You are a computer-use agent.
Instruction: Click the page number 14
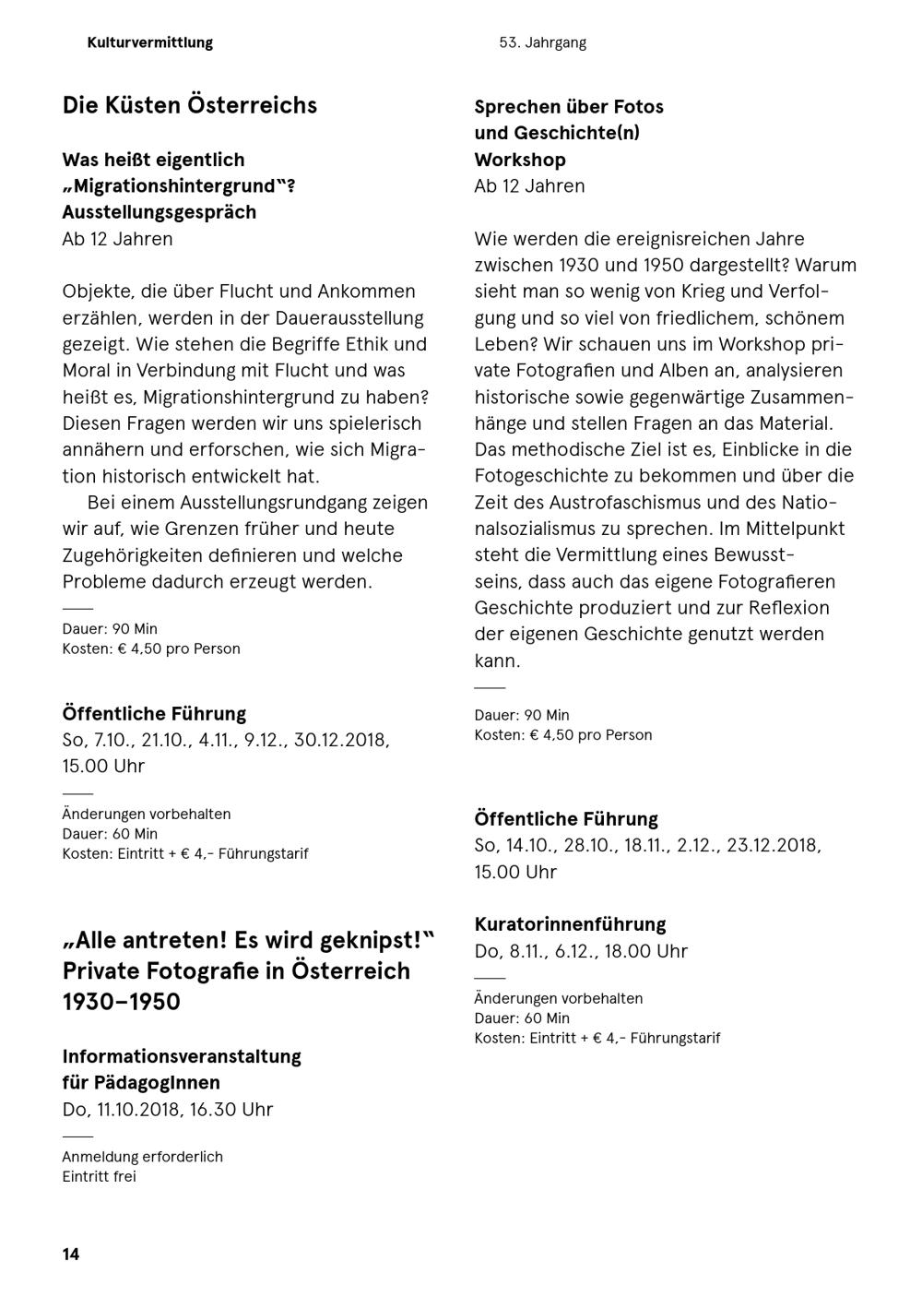click(x=71, y=1254)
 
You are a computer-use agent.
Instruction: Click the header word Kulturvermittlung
click(x=150, y=42)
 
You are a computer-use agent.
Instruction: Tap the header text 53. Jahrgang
click(x=542, y=42)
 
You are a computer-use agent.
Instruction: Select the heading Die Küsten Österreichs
click(x=189, y=105)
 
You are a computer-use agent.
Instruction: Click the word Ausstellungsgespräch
click(x=160, y=212)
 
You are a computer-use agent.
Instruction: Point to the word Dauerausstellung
click(x=349, y=318)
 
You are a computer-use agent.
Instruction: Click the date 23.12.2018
click(x=774, y=846)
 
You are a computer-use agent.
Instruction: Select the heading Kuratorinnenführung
click(x=570, y=924)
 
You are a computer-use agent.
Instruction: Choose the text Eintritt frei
click(x=99, y=1176)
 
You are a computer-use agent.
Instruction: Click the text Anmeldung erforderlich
click(x=142, y=1157)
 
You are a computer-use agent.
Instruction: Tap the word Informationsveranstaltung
click(x=182, y=1056)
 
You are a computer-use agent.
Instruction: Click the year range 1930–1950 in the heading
click(x=121, y=1002)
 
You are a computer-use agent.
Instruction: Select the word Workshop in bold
click(x=520, y=160)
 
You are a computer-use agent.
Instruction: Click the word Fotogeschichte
click(x=540, y=476)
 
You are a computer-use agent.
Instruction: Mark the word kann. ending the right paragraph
click(x=497, y=661)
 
